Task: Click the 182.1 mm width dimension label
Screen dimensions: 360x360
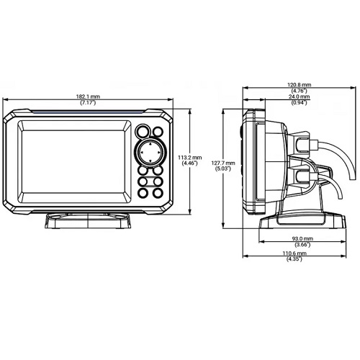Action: coord(88,96)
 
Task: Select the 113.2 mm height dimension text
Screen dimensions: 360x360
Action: coord(190,158)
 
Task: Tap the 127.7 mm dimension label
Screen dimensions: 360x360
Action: coord(223,163)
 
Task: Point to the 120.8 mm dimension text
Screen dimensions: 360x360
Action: coord(299,85)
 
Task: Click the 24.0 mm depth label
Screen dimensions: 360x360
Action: coord(299,96)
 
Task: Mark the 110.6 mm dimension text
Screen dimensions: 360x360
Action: coord(294,253)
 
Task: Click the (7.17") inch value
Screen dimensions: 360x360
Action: coord(88,103)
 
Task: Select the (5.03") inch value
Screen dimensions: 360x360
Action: coord(223,168)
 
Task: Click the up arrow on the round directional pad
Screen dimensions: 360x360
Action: coord(150,145)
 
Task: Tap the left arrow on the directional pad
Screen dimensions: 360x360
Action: coord(142,153)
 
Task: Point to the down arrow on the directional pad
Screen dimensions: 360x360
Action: coord(150,161)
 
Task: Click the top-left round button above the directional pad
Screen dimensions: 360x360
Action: coord(143,131)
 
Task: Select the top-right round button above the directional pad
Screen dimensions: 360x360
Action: coord(158,132)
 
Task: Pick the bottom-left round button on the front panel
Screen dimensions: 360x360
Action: coord(143,193)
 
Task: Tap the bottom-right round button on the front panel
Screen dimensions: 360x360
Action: coord(158,193)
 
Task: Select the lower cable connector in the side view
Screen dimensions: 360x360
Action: coord(303,176)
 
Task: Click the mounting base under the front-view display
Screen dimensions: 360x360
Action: coord(88,221)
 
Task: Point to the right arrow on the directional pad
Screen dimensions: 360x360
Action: coord(158,153)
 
